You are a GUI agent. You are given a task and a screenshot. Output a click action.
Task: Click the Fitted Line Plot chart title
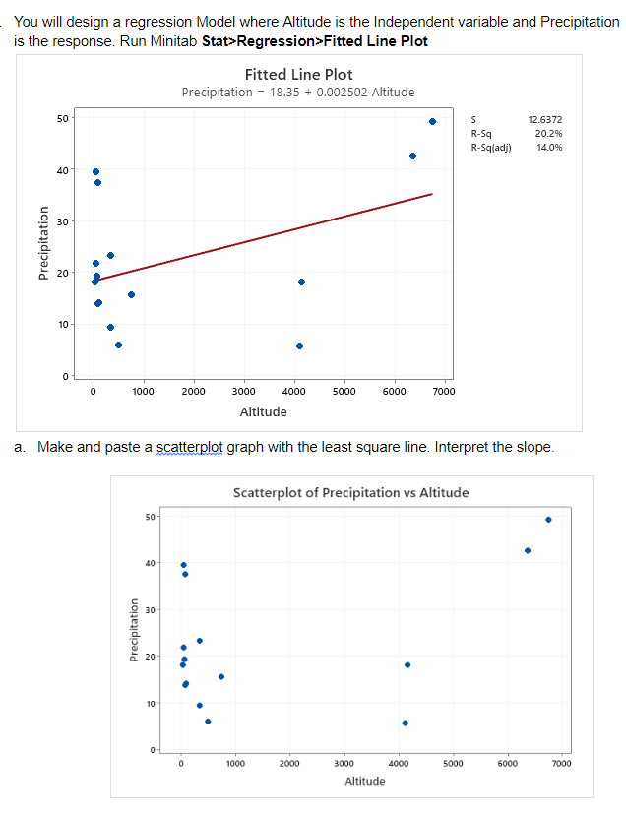297,75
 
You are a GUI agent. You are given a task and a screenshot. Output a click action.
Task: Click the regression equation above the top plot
297,92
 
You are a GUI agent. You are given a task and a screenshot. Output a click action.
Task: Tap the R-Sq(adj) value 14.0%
548,148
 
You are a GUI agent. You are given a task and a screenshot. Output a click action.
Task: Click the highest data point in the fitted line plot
432,121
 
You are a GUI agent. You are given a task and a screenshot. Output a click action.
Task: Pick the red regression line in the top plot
266,236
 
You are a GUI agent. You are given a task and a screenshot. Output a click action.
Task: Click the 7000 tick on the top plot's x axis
444,391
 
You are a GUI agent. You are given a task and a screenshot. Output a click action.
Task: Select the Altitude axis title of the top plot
263,411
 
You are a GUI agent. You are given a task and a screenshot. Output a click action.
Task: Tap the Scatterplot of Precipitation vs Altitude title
350,492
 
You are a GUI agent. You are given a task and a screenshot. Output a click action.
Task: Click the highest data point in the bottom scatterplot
548,520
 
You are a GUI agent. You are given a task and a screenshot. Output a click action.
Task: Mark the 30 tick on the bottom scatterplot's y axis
150,610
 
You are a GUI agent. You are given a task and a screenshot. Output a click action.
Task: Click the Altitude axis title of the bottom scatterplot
365,781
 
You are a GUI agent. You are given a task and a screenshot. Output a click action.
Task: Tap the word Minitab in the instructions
174,40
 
